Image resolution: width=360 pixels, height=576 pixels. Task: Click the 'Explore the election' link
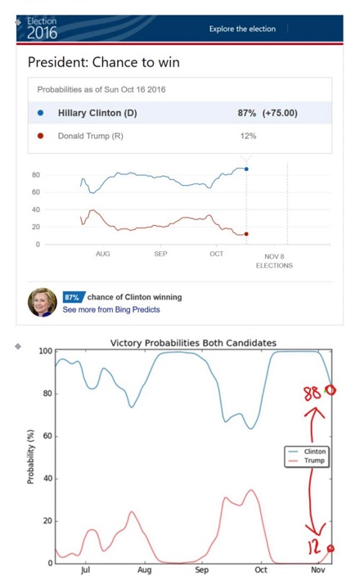[x=242, y=29]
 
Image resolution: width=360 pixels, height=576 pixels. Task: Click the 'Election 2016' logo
[x=42, y=29]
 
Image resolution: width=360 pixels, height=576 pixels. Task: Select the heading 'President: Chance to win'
[x=104, y=62]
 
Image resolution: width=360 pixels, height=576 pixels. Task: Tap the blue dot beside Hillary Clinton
[x=40, y=113]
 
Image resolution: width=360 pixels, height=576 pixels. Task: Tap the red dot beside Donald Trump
[x=40, y=136]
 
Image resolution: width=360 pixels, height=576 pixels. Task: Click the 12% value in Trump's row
[x=249, y=136]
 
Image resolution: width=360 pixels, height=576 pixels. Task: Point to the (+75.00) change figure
[x=280, y=113]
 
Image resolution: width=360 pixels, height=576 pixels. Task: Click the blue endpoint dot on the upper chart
[x=246, y=169]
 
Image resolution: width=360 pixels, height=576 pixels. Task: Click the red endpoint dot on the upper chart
[x=246, y=234]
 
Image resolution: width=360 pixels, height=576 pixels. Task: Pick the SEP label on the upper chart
[x=160, y=254]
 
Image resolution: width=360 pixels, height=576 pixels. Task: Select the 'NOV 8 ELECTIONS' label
[x=274, y=261]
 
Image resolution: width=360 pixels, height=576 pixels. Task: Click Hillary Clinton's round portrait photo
[x=43, y=303]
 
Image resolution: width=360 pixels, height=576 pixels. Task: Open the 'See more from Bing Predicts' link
[x=111, y=309]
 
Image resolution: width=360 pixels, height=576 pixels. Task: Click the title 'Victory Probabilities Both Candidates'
[x=193, y=343]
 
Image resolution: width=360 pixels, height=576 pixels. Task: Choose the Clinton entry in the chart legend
[x=307, y=452]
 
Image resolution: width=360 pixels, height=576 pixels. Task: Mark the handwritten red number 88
[x=312, y=394]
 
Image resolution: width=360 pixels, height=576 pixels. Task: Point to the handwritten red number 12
[x=314, y=547]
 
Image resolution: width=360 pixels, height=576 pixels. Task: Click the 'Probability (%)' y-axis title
[x=30, y=457]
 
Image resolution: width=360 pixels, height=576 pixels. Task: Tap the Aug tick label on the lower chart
[x=144, y=569]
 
